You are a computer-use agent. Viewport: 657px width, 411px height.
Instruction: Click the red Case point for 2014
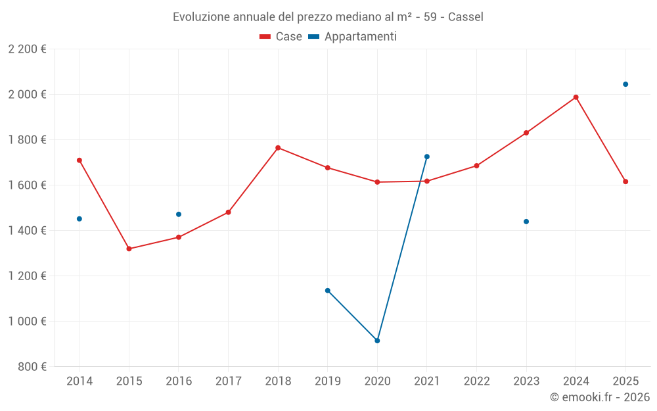coord(79,160)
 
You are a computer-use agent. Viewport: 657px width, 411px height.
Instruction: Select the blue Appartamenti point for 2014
coord(79,219)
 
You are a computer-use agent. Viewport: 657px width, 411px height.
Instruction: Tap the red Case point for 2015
coord(129,249)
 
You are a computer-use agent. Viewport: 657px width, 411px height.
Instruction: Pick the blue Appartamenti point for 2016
coord(179,214)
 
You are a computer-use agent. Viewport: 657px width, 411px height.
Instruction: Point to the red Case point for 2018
coord(278,148)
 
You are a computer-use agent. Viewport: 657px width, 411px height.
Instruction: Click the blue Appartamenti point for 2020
coord(377,341)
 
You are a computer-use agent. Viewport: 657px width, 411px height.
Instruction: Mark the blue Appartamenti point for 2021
coord(427,157)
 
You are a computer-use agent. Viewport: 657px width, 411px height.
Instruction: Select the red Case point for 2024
coord(576,97)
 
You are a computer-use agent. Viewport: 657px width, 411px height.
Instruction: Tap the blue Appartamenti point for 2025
coord(625,84)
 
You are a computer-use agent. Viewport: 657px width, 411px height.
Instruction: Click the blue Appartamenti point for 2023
coord(526,222)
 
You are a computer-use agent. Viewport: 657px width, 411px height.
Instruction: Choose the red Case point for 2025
coord(625,181)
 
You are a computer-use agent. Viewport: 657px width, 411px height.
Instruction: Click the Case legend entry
coord(281,37)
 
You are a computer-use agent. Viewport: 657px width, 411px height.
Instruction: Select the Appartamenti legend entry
coord(353,37)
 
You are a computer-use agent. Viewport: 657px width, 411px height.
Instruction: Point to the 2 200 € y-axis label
coord(27,49)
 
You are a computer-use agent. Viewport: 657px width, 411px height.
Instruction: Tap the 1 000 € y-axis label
coord(27,322)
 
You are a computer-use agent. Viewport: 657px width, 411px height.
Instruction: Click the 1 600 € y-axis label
coord(27,185)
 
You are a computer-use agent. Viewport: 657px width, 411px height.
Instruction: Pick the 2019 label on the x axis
coord(327,381)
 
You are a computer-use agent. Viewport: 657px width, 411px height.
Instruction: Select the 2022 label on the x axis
coord(476,381)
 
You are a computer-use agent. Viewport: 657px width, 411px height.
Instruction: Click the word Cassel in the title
coord(466,16)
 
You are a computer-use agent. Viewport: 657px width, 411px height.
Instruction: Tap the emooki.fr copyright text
coord(599,397)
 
